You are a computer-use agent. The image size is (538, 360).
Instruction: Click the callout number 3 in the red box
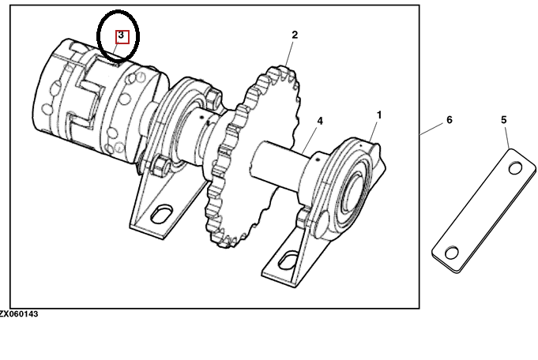(121, 35)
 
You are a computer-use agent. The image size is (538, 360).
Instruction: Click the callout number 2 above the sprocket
(295, 35)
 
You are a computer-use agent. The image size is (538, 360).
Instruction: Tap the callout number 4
(320, 121)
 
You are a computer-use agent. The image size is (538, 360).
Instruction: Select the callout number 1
(379, 114)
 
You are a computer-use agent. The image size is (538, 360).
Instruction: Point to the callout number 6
(450, 120)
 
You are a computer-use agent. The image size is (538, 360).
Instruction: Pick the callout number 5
(504, 120)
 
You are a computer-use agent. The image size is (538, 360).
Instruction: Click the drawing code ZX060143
(19, 314)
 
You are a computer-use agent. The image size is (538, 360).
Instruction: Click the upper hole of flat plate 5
(515, 168)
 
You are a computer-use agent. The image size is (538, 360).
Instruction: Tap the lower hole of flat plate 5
(452, 253)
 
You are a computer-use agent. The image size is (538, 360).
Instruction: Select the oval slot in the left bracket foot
(162, 214)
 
